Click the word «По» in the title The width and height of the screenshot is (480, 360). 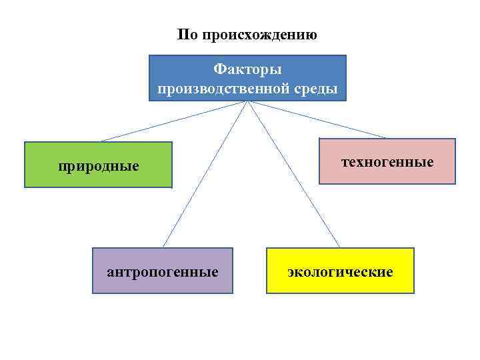tap(188, 35)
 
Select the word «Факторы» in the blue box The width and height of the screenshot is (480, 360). tap(247, 69)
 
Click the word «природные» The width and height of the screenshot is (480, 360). tap(98, 165)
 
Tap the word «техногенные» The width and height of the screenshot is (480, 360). tap(387, 162)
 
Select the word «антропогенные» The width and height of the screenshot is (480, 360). tap(163, 272)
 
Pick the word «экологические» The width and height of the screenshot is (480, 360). tap(340, 272)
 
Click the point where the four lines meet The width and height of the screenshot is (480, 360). tap(248, 102)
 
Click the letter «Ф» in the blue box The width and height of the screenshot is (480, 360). tap(218, 69)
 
